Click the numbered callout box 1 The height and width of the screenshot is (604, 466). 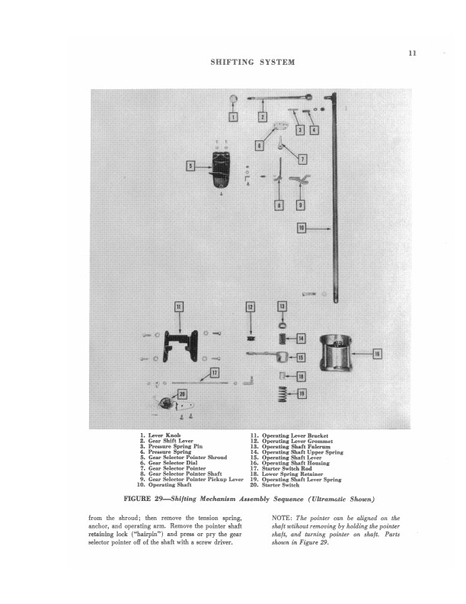(x=234, y=117)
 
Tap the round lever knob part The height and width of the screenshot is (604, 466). (x=234, y=99)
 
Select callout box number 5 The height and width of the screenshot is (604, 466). (x=190, y=166)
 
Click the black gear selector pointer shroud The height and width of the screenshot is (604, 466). (x=221, y=170)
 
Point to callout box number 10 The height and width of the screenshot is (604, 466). (x=302, y=228)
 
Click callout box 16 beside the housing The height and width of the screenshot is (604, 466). (x=378, y=354)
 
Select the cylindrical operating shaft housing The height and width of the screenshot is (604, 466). (x=336, y=353)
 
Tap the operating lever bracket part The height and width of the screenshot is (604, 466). (x=180, y=346)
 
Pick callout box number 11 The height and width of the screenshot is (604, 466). (x=179, y=307)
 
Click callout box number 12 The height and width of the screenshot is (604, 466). (x=251, y=307)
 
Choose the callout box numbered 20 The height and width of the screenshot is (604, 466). (x=182, y=394)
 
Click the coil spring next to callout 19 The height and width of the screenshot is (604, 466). (x=282, y=394)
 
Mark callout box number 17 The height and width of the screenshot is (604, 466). (x=215, y=373)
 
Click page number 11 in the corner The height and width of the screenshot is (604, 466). (x=412, y=53)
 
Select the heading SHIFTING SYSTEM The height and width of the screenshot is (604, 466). (x=253, y=62)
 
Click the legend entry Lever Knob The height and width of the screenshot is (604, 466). (x=164, y=435)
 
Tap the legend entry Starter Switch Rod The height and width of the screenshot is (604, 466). (x=287, y=468)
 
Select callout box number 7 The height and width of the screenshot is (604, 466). (x=302, y=159)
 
